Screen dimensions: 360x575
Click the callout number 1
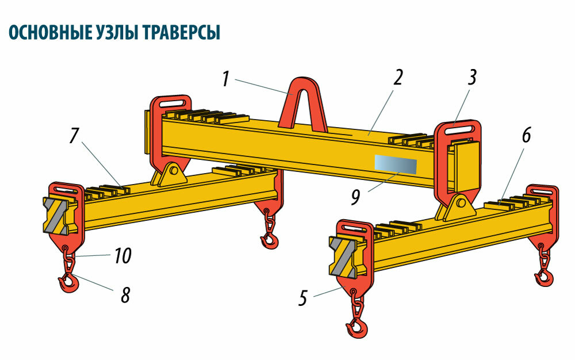tap(227, 79)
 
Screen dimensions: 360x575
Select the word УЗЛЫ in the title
tap(115, 33)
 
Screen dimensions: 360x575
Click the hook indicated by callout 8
tap(68, 282)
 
